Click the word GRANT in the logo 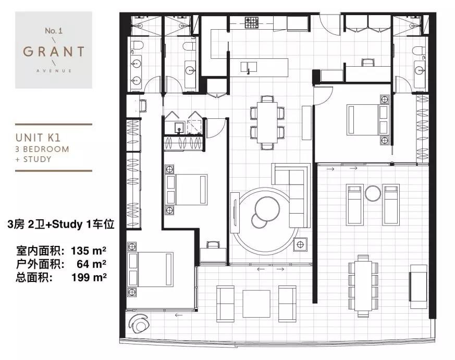(54, 52)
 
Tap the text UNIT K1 (38, 138)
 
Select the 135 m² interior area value (88, 251)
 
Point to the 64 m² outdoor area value (91, 264)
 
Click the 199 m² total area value (89, 278)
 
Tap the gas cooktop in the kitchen (252, 22)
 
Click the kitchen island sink (249, 67)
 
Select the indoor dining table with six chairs (267, 122)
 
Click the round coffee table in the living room (267, 208)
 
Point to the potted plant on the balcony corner (139, 323)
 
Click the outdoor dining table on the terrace (363, 285)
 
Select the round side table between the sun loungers (373, 193)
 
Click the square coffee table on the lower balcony (256, 304)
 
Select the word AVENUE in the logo (54, 70)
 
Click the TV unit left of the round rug (235, 213)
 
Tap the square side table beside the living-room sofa (300, 245)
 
